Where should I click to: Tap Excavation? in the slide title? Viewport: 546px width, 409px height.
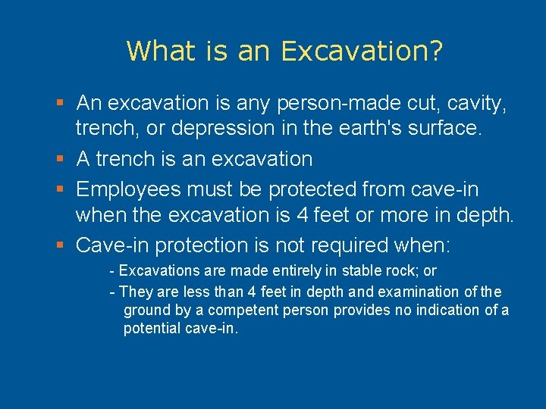tap(362, 52)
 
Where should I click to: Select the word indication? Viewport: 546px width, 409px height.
tap(439, 311)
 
